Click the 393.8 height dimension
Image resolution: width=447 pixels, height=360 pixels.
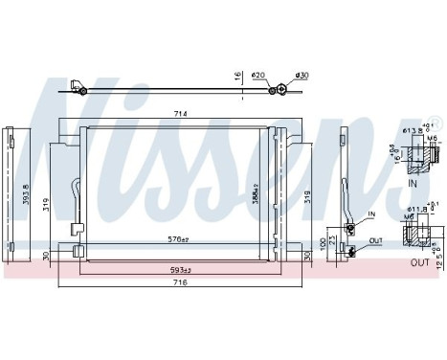click(x=29, y=194)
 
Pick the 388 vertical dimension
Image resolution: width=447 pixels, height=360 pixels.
click(x=255, y=195)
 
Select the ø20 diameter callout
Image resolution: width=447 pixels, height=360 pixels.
click(x=257, y=76)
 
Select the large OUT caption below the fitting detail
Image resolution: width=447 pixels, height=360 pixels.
click(x=418, y=261)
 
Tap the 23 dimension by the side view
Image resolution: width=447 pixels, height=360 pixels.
click(x=332, y=239)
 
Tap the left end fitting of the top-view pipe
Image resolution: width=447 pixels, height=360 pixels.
click(x=80, y=91)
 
